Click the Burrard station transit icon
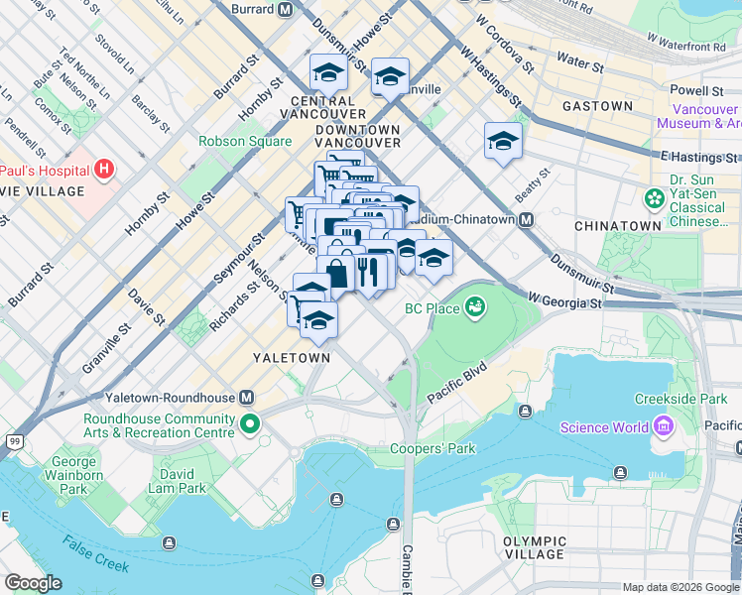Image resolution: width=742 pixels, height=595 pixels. (285, 10)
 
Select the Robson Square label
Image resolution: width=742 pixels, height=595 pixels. (244, 141)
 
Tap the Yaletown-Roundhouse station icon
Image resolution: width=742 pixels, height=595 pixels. (246, 398)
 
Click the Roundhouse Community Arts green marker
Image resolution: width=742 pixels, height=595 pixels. (250, 425)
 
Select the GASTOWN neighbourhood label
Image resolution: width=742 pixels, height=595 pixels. (597, 106)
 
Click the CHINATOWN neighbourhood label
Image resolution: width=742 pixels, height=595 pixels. (618, 226)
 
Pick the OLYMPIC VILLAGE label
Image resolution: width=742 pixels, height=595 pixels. (535, 548)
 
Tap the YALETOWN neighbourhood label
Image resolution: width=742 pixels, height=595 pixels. (291, 357)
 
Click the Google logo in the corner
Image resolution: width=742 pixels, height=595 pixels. (33, 583)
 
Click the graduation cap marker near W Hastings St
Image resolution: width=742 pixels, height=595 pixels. (503, 140)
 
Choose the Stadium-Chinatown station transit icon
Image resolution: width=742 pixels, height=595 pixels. (527, 219)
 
